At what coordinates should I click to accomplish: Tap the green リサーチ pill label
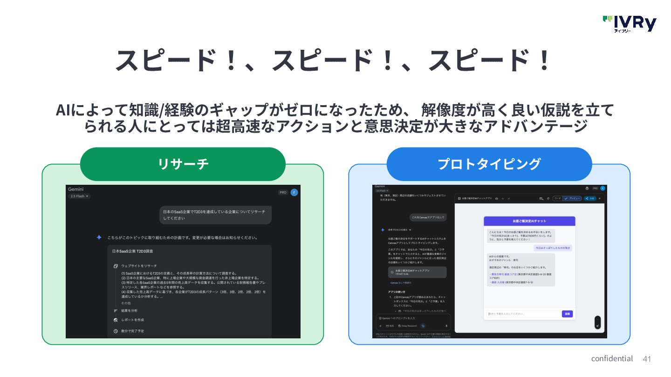coord(183,164)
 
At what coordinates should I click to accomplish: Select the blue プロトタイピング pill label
coord(489,164)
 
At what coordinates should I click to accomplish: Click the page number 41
coord(646,359)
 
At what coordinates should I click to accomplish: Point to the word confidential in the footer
coord(612,358)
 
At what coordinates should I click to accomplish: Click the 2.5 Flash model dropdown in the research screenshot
coord(79,196)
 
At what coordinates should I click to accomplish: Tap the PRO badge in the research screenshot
coord(283,192)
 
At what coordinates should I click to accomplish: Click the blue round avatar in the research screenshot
coord(294,192)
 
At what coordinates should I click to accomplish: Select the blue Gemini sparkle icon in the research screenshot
coord(99,237)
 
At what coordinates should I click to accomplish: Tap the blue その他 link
coord(126,303)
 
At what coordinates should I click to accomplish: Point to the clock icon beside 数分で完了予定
coord(116,331)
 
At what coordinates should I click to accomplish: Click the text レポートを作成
coord(132,320)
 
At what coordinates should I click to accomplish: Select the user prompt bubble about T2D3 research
coord(215,215)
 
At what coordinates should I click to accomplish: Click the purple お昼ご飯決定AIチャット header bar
coord(529,221)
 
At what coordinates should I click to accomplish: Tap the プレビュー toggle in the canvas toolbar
coord(572,198)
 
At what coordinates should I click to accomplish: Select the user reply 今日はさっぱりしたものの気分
coord(553,248)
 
